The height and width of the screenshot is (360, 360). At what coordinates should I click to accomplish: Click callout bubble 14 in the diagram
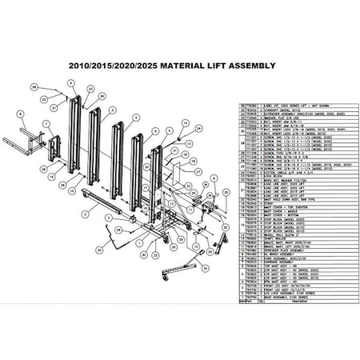tap(184, 124)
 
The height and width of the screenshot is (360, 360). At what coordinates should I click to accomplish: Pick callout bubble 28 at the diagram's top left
tap(33, 85)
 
